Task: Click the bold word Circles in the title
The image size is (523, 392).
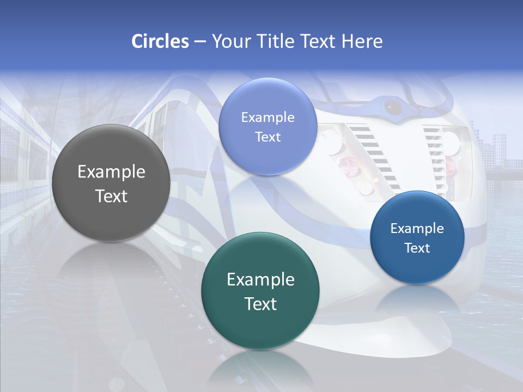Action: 160,41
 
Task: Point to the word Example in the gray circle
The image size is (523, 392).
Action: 111,172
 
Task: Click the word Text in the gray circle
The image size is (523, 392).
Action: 111,196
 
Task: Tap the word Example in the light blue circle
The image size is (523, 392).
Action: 267,118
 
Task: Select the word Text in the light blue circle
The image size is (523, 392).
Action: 267,137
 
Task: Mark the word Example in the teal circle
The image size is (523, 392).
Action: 260,280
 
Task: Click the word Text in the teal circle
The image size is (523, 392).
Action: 260,304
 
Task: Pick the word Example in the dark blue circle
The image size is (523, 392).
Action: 417,229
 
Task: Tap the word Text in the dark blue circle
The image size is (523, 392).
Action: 417,248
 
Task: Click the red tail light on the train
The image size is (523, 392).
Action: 346,163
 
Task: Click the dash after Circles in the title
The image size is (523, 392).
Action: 199,42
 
